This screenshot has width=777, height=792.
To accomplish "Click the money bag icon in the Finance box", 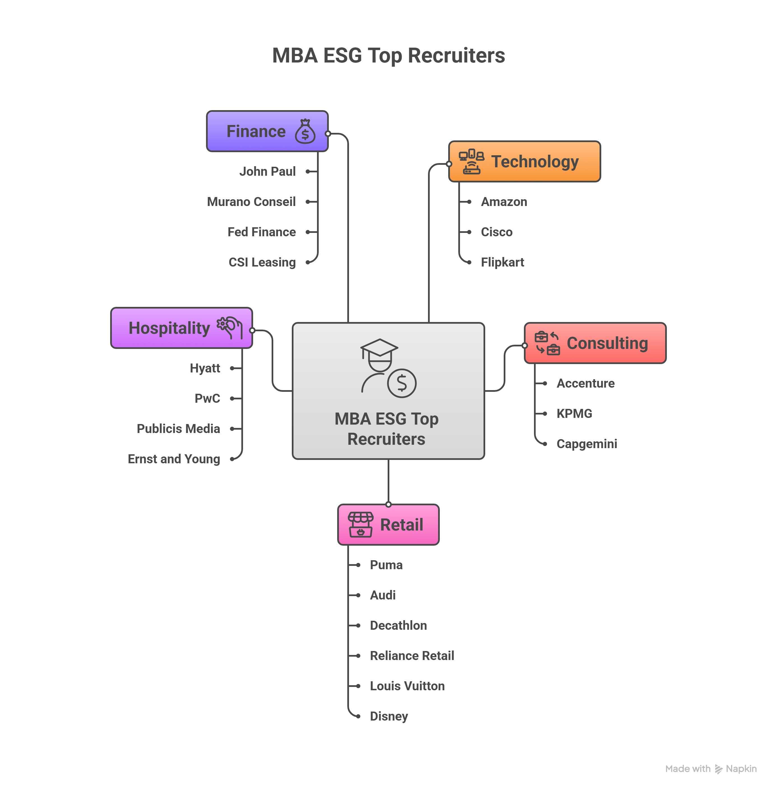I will [x=305, y=131].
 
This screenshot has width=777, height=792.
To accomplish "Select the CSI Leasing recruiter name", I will [x=262, y=262].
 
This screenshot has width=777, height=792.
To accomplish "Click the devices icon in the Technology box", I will [x=471, y=162].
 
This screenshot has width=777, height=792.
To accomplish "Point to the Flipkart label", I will [x=502, y=262].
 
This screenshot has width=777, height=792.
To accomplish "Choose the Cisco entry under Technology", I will [x=496, y=232].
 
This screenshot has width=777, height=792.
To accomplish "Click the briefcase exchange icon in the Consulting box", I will [x=547, y=343].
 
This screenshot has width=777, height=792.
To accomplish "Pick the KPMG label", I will [x=574, y=413].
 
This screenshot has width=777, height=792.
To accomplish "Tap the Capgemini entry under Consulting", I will [x=586, y=444].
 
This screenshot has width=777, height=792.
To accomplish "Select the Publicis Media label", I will [x=178, y=429].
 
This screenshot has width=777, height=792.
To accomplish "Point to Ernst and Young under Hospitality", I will [x=174, y=458].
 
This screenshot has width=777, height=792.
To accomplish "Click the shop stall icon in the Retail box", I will [x=360, y=524].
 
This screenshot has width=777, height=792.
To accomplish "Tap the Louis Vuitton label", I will [x=407, y=686].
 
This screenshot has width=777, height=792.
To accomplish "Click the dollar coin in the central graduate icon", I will [x=402, y=383].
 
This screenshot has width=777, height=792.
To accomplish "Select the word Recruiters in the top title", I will [x=456, y=55].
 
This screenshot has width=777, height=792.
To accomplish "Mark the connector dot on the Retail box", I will [x=388, y=504].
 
